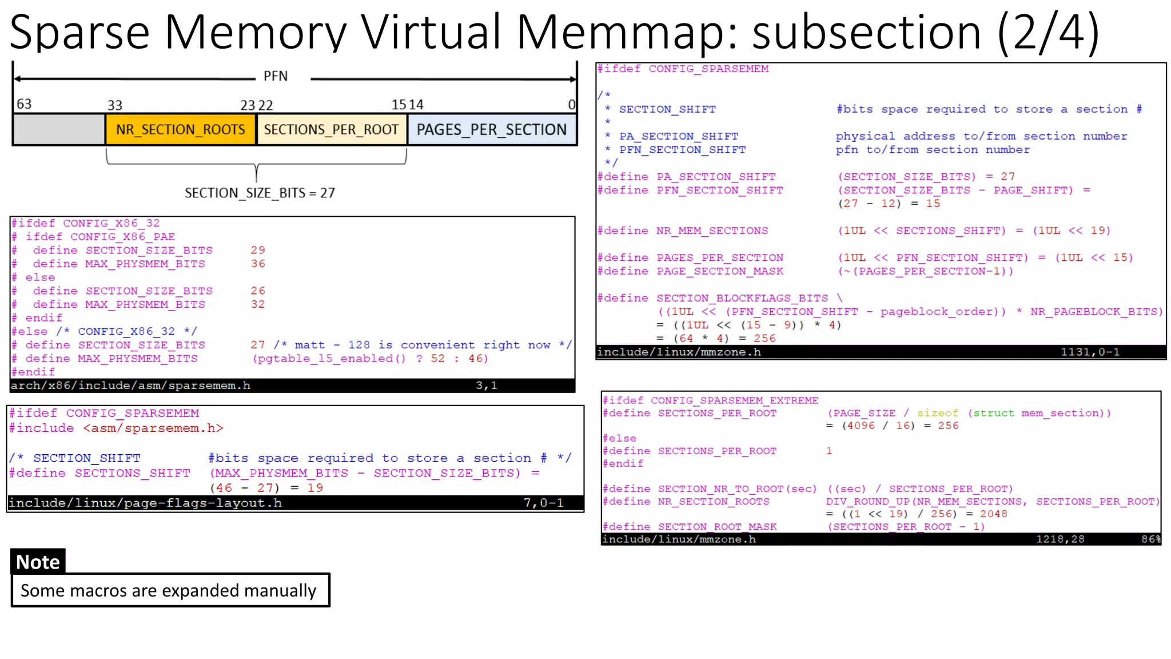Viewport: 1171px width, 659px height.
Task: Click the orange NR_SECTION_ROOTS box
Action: [x=180, y=130]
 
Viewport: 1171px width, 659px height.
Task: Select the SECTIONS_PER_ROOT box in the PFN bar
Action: [x=331, y=130]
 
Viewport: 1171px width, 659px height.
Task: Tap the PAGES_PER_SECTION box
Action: [x=491, y=130]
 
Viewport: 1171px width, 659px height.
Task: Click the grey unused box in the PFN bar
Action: [x=59, y=130]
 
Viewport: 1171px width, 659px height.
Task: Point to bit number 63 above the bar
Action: [x=24, y=104]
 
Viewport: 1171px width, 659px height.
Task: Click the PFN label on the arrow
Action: [x=276, y=77]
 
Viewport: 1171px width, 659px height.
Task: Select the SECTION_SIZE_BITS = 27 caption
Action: [x=260, y=193]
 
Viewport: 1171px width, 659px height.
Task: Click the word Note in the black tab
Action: [x=38, y=562]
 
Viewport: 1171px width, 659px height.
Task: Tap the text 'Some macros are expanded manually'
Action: [x=168, y=590]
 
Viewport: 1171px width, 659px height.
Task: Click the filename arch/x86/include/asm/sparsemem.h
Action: [x=130, y=386]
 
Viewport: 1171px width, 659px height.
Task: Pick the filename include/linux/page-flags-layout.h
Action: [x=145, y=503]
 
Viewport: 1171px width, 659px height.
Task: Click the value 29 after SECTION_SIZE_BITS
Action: [x=258, y=250]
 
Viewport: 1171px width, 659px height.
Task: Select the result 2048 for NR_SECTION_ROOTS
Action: [x=993, y=514]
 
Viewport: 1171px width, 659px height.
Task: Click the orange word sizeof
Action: [x=937, y=413]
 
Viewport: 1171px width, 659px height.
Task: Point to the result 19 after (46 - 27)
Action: [x=315, y=488]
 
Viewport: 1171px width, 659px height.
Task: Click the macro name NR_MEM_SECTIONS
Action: [x=712, y=231]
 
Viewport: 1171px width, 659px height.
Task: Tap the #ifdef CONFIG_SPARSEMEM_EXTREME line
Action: [x=710, y=400]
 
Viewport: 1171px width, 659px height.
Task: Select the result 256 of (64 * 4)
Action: [x=764, y=339]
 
